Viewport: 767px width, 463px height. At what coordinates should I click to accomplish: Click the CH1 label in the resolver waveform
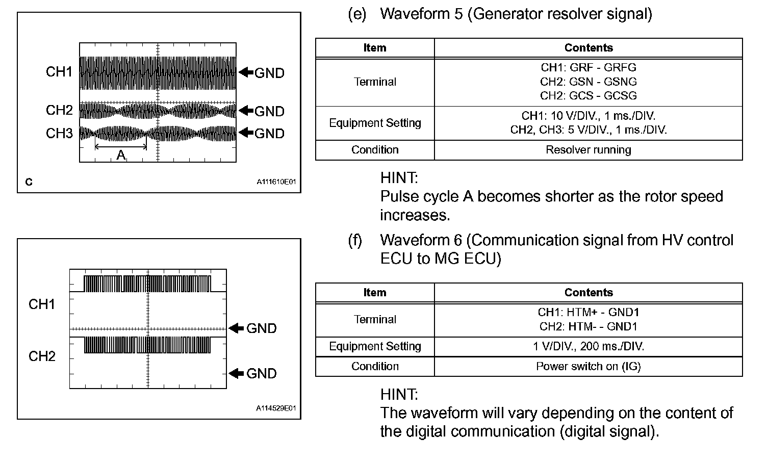(x=59, y=72)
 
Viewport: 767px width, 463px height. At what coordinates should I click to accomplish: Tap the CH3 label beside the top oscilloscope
(x=59, y=133)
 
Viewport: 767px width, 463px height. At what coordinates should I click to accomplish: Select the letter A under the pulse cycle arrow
(x=121, y=155)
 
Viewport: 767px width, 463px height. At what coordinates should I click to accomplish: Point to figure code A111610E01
(x=276, y=182)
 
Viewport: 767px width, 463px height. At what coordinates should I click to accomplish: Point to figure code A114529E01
(x=276, y=408)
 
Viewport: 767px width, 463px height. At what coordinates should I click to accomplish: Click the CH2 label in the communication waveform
(x=42, y=356)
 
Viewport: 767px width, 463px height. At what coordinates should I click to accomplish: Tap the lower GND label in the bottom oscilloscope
(x=261, y=374)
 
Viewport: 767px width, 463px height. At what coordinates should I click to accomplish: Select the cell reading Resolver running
(x=588, y=150)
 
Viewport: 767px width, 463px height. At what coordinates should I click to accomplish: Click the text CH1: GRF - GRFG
(x=588, y=67)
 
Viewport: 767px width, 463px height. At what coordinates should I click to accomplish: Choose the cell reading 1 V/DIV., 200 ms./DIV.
(x=588, y=347)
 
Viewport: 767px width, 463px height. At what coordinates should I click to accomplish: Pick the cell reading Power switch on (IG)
(x=588, y=366)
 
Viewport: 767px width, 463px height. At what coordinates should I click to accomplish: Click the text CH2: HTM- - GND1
(x=588, y=326)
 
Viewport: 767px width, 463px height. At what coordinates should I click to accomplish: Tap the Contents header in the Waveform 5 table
(x=588, y=48)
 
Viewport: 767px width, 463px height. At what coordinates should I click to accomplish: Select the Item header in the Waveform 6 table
(x=375, y=293)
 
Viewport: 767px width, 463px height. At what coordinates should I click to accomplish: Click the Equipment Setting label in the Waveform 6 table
(x=375, y=347)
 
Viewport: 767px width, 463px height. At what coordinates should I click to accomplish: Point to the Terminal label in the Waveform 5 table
(x=375, y=82)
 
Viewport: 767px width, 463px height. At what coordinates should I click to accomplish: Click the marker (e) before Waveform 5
(x=357, y=14)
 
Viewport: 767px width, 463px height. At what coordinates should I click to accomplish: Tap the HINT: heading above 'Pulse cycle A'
(x=399, y=178)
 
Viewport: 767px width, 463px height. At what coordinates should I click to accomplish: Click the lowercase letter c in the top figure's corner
(x=29, y=182)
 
